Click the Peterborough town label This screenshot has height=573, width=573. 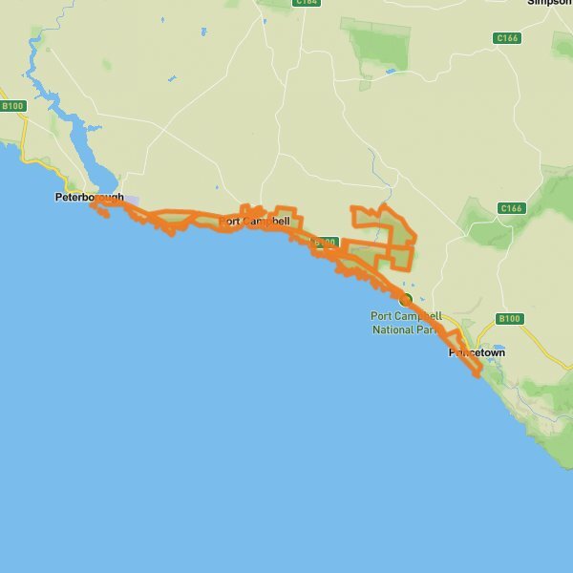[x=89, y=198]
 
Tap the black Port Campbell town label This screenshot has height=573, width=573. [x=254, y=222]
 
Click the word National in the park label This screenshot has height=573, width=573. [x=393, y=329]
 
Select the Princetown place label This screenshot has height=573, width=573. [x=477, y=352]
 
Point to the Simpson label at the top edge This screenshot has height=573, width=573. [x=553, y=3]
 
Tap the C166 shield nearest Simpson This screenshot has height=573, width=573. [x=507, y=38]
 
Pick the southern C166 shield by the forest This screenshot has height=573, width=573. [x=512, y=208]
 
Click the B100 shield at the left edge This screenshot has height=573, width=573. [x=11, y=106]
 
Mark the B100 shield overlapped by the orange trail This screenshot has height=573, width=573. [x=326, y=243]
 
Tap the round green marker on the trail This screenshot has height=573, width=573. [x=405, y=299]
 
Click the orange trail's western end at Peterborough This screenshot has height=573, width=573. [x=93, y=203]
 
